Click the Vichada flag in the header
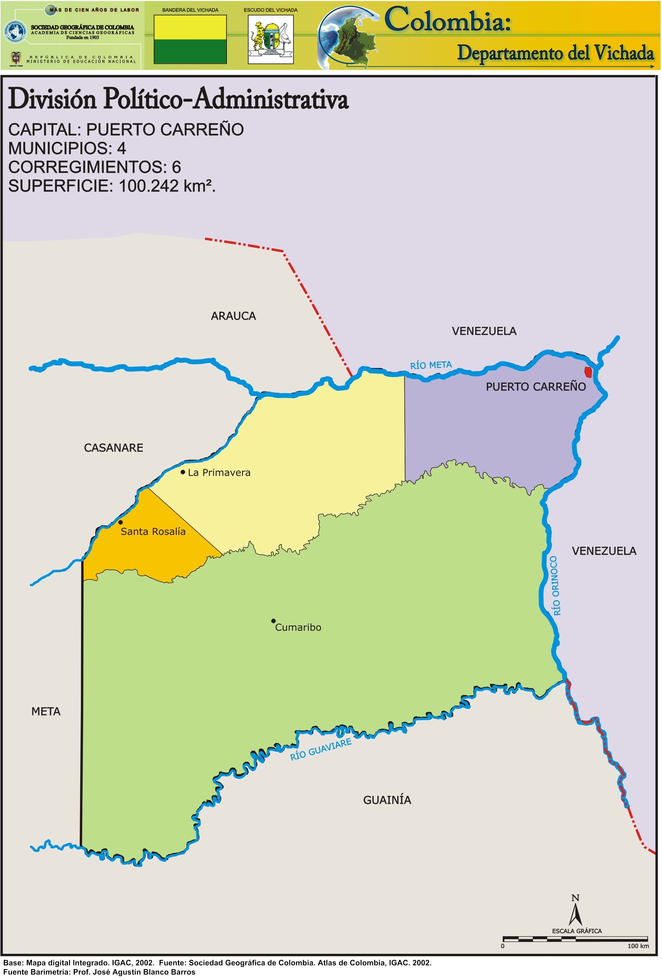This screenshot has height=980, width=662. (190, 39)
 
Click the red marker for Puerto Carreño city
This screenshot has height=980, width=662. (588, 372)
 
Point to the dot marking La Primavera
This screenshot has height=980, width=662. (183, 472)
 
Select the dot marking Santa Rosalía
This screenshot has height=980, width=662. (121, 522)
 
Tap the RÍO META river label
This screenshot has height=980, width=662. (431, 365)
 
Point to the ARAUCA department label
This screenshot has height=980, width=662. (233, 316)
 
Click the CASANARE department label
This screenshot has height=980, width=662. (113, 448)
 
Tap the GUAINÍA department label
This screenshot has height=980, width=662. (387, 800)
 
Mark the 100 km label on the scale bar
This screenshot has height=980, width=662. (638, 946)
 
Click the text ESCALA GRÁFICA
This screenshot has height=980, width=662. (577, 931)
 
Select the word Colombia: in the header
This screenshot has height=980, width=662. (448, 20)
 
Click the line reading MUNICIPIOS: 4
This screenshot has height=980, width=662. (67, 148)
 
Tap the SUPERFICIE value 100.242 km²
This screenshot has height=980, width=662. (167, 186)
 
